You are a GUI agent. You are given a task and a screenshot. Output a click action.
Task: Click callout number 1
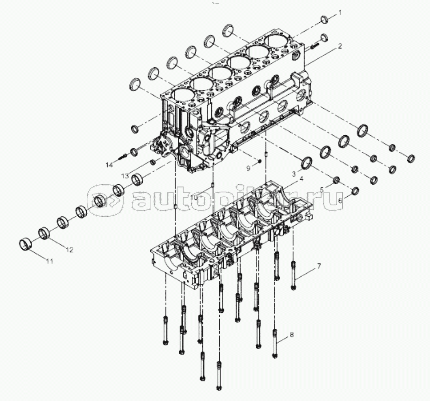[340, 13]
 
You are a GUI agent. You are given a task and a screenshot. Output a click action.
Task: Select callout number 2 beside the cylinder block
[340, 46]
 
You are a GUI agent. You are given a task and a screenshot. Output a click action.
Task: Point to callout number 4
[302, 179]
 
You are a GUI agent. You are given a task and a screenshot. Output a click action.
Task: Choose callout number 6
[340, 200]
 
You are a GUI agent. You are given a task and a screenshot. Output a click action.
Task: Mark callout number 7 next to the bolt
[319, 266]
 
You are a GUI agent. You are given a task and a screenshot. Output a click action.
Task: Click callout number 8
[291, 335]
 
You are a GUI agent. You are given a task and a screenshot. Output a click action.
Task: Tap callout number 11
[49, 262]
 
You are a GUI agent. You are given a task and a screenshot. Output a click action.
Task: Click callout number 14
[109, 164]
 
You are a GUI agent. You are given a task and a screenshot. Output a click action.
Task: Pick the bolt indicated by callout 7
[293, 275]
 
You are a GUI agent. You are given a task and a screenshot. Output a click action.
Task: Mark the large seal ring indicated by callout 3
[308, 163]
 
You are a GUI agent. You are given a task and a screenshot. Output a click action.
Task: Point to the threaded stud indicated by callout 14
[122, 158]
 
